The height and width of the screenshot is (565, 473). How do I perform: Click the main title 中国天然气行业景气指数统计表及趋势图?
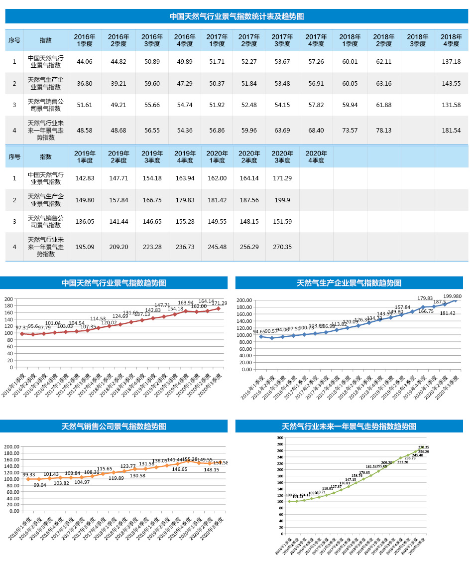click(236, 16)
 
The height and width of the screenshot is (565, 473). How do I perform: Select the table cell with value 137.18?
click(451, 62)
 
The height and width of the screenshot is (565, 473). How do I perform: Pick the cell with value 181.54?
click(451, 131)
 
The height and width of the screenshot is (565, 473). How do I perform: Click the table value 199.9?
click(283, 200)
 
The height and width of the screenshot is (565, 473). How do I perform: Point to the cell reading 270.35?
click(283, 247)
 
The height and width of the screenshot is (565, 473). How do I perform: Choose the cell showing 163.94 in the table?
click(185, 178)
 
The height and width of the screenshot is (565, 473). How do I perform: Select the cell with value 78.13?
click(384, 131)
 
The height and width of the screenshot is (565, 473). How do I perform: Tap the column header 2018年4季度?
click(451, 40)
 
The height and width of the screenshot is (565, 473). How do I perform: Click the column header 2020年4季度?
click(316, 157)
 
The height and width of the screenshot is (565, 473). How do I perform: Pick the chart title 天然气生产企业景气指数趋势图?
click(349, 283)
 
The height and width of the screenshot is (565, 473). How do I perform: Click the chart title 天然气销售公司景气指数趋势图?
click(114, 426)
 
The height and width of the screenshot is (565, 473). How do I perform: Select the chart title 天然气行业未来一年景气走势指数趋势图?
click(349, 426)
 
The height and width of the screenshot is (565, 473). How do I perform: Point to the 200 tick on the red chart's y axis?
click(8, 299)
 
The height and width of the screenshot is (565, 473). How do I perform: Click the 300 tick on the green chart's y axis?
click(280, 438)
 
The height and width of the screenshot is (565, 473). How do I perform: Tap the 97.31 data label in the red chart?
click(22, 328)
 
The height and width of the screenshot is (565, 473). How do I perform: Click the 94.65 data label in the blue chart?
click(259, 332)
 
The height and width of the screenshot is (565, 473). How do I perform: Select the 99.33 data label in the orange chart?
click(29, 475)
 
